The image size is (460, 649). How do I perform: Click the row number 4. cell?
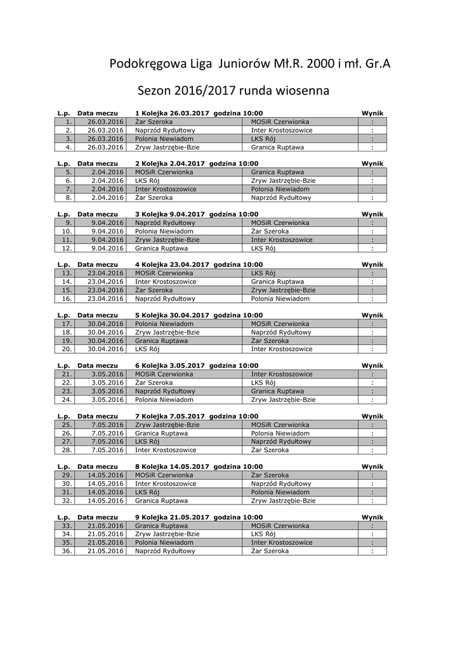[x=64, y=147]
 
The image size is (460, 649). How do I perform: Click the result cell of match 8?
[x=372, y=197]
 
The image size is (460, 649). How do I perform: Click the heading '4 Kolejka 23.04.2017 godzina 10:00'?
[x=199, y=264]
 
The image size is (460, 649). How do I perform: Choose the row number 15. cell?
[x=64, y=290]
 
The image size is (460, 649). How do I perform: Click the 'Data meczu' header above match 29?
[x=98, y=466]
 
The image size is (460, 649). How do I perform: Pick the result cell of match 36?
[x=372, y=551]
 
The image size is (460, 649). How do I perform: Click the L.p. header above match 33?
[x=63, y=517]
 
